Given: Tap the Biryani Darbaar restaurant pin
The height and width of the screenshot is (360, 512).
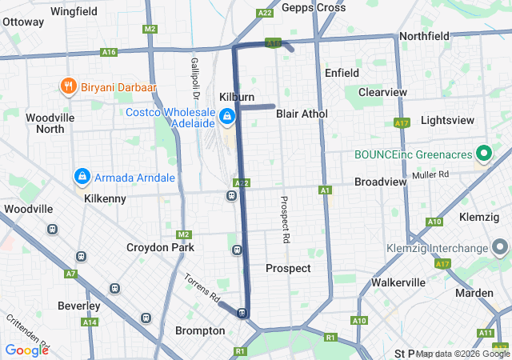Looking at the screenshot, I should [x=68, y=87].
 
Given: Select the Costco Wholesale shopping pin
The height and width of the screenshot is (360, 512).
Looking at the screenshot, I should [x=228, y=118].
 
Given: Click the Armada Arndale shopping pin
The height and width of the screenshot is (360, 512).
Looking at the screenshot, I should [x=82, y=176].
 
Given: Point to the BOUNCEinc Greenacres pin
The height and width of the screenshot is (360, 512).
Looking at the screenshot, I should [x=483, y=152].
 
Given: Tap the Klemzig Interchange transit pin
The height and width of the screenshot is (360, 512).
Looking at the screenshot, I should [x=502, y=246].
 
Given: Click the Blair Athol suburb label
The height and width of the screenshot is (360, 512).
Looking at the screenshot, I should [x=302, y=114].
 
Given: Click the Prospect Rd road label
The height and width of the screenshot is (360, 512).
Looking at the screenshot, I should [x=285, y=219].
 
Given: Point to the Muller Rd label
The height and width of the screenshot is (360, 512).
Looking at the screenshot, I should [x=431, y=174].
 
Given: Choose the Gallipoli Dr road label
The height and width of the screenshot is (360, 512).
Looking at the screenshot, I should [x=194, y=72].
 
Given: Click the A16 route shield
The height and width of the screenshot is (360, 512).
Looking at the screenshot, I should [x=109, y=52].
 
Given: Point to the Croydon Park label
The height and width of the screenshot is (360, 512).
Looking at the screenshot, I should [x=160, y=248].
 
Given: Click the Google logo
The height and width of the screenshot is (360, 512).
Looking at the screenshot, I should [x=26, y=350].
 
